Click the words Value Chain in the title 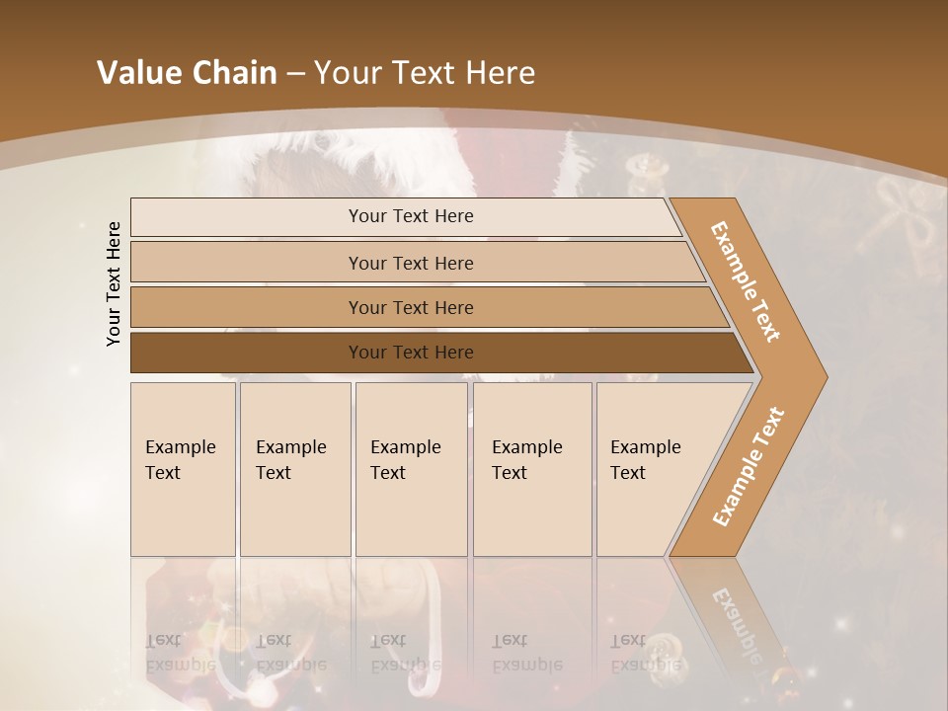coord(187,73)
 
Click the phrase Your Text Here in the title coord(425,73)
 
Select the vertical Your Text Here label coord(114,284)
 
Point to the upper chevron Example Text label coord(746,281)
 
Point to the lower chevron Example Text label coord(749,466)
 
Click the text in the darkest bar coord(411,353)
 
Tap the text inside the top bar coord(411,216)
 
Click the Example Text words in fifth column coord(645,459)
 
